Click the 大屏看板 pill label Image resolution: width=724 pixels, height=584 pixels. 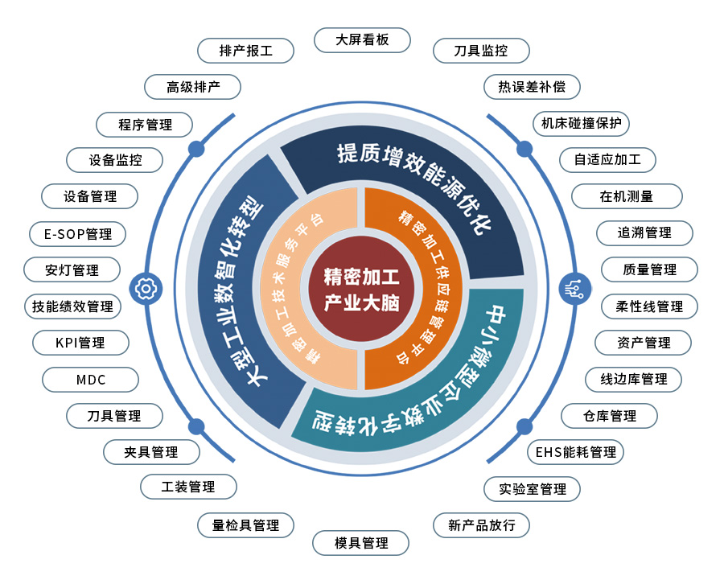[362, 40]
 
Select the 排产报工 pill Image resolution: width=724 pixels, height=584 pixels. [245, 51]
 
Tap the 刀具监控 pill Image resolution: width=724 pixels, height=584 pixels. [481, 51]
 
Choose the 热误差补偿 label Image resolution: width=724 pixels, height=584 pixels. [532, 87]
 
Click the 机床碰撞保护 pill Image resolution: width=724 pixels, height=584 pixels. [582, 124]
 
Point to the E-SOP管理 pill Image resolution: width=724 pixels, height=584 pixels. [77, 234]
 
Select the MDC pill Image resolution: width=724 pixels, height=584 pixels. [90, 380]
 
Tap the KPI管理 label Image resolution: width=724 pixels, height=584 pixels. [80, 343]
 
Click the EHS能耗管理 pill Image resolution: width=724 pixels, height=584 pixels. [575, 452]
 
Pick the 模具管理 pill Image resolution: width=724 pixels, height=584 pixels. [360, 543]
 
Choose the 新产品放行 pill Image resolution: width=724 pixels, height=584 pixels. [481, 525]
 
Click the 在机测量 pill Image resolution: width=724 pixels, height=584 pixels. [627, 196]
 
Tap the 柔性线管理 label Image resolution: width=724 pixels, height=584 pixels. [649, 306]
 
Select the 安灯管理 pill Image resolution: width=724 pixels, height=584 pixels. [72, 270]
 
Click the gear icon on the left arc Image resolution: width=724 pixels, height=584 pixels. [146, 289]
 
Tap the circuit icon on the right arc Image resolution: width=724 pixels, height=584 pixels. [574, 289]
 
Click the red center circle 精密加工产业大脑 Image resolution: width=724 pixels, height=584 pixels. [361, 290]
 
